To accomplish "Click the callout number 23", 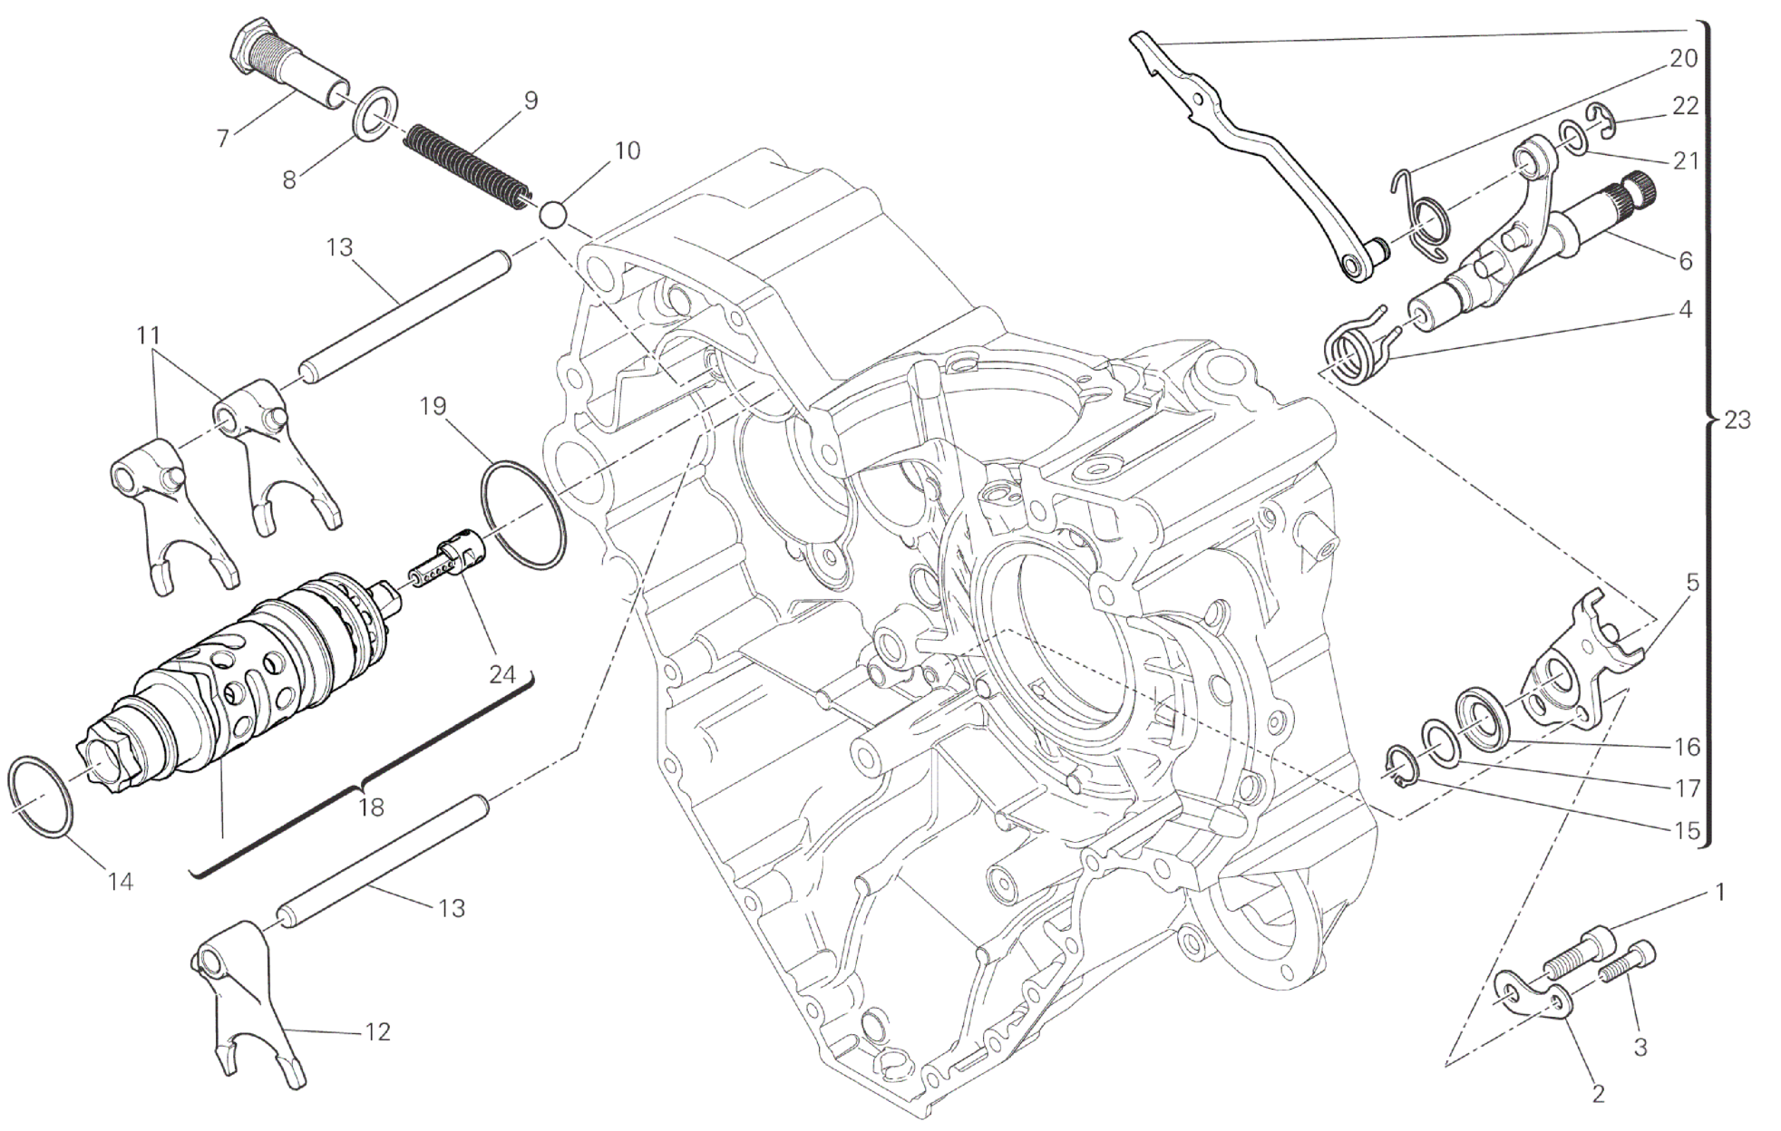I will pos(1737,420).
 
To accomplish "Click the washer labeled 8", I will pos(374,114).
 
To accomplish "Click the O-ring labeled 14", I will pos(40,797).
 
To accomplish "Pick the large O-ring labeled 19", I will pos(522,515).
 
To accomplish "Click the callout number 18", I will pos(371,807).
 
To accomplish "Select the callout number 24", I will pos(501,674).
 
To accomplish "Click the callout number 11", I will pos(148,336).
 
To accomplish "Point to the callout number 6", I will pos(1685,261).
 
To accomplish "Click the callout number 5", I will pos(1691,582).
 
